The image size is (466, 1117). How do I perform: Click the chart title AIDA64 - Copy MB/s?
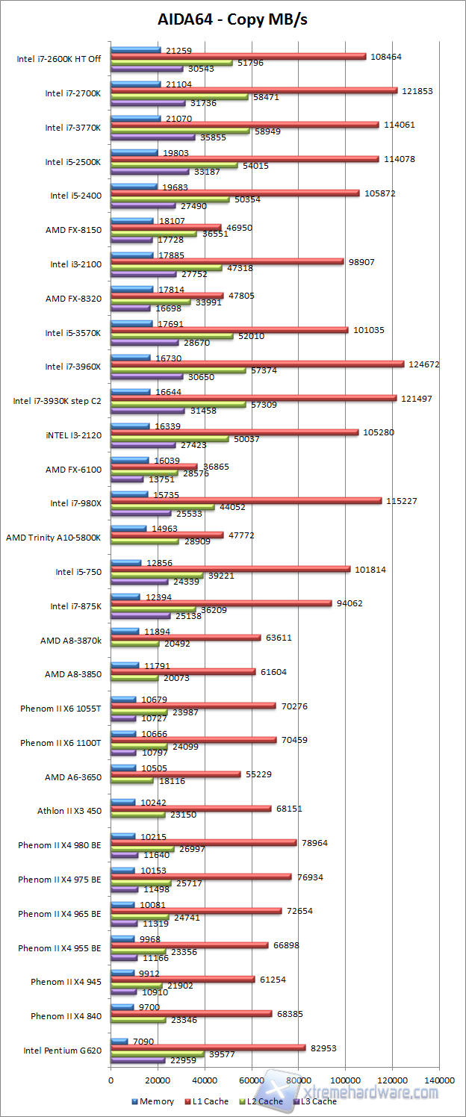[x=232, y=19]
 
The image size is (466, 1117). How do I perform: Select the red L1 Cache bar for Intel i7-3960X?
[x=257, y=364]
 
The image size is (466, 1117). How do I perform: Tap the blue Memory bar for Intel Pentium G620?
[x=119, y=1041]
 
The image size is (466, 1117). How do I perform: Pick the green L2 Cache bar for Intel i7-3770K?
[x=180, y=131]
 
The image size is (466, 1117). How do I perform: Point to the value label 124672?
[x=423, y=364]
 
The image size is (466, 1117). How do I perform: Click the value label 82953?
[x=323, y=1048]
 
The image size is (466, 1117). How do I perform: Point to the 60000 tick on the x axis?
[x=252, y=1080]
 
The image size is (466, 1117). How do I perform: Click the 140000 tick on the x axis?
[x=440, y=1080]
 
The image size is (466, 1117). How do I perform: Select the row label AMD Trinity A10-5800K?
[x=52, y=537]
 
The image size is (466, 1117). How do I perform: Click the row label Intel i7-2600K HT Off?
[x=59, y=59]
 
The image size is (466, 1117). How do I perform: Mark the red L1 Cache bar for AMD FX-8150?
[x=166, y=227]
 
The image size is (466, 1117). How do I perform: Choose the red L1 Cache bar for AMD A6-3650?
[x=175, y=774]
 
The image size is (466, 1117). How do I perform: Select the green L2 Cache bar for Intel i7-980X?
[x=163, y=508]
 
